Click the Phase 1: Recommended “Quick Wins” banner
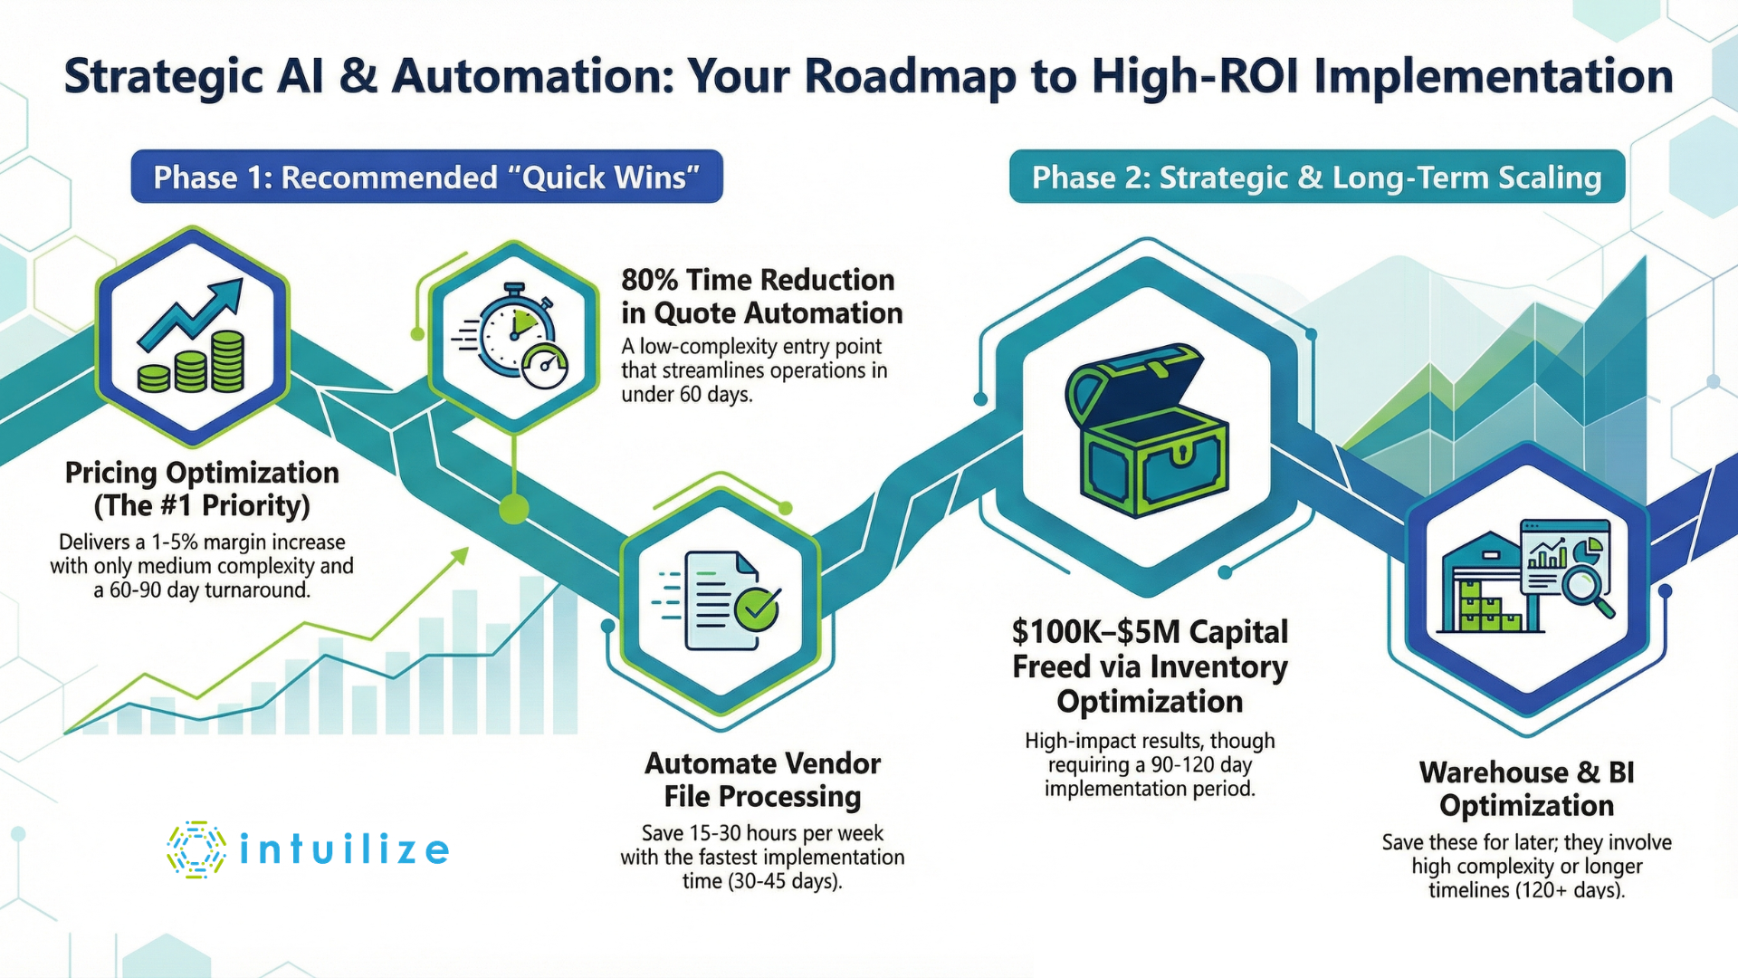(426, 177)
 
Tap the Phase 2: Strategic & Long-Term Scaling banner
(1316, 177)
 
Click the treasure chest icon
(1148, 430)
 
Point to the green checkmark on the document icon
(757, 608)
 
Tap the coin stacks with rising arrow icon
(192, 337)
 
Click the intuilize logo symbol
(196, 849)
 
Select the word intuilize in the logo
(344, 850)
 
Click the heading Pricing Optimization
(202, 473)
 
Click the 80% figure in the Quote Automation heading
(649, 280)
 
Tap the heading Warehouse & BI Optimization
(1526, 789)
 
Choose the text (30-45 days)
(762, 881)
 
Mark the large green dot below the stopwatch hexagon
(514, 509)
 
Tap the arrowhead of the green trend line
(462, 554)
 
